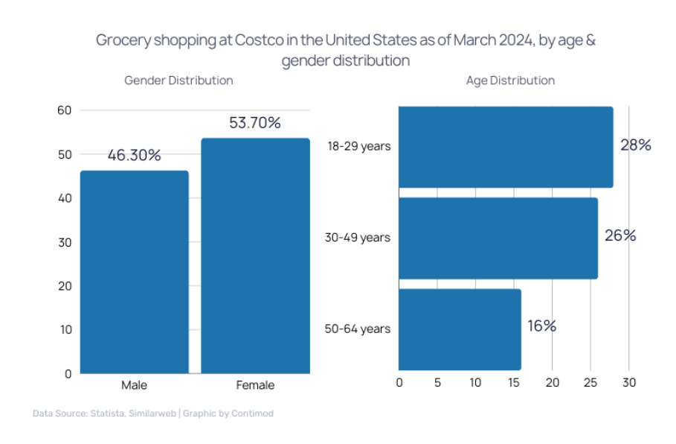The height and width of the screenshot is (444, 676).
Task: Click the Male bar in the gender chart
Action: (134, 272)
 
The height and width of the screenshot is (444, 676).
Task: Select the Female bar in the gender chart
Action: (255, 256)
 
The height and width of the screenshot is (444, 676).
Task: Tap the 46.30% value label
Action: (134, 155)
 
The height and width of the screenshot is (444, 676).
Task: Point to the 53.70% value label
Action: (255, 123)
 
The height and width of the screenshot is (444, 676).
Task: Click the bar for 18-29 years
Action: (506, 147)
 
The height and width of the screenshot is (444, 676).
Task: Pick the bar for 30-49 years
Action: (498, 238)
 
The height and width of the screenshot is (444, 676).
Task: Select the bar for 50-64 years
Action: (460, 329)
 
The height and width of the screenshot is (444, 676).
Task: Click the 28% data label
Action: (636, 145)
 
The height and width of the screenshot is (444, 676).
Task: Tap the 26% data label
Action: (620, 236)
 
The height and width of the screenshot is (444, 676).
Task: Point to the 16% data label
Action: (542, 326)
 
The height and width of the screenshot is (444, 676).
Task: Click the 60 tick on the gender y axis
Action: (64, 110)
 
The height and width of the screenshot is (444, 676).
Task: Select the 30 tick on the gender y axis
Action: (64, 242)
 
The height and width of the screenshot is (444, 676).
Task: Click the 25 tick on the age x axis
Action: (590, 383)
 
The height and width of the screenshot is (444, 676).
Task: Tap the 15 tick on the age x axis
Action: (514, 383)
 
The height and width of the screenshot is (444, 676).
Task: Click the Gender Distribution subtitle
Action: (178, 80)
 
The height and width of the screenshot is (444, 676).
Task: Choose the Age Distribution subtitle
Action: (510, 80)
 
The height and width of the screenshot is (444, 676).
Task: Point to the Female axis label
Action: (255, 385)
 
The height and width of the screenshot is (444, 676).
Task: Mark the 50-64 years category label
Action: (358, 329)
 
